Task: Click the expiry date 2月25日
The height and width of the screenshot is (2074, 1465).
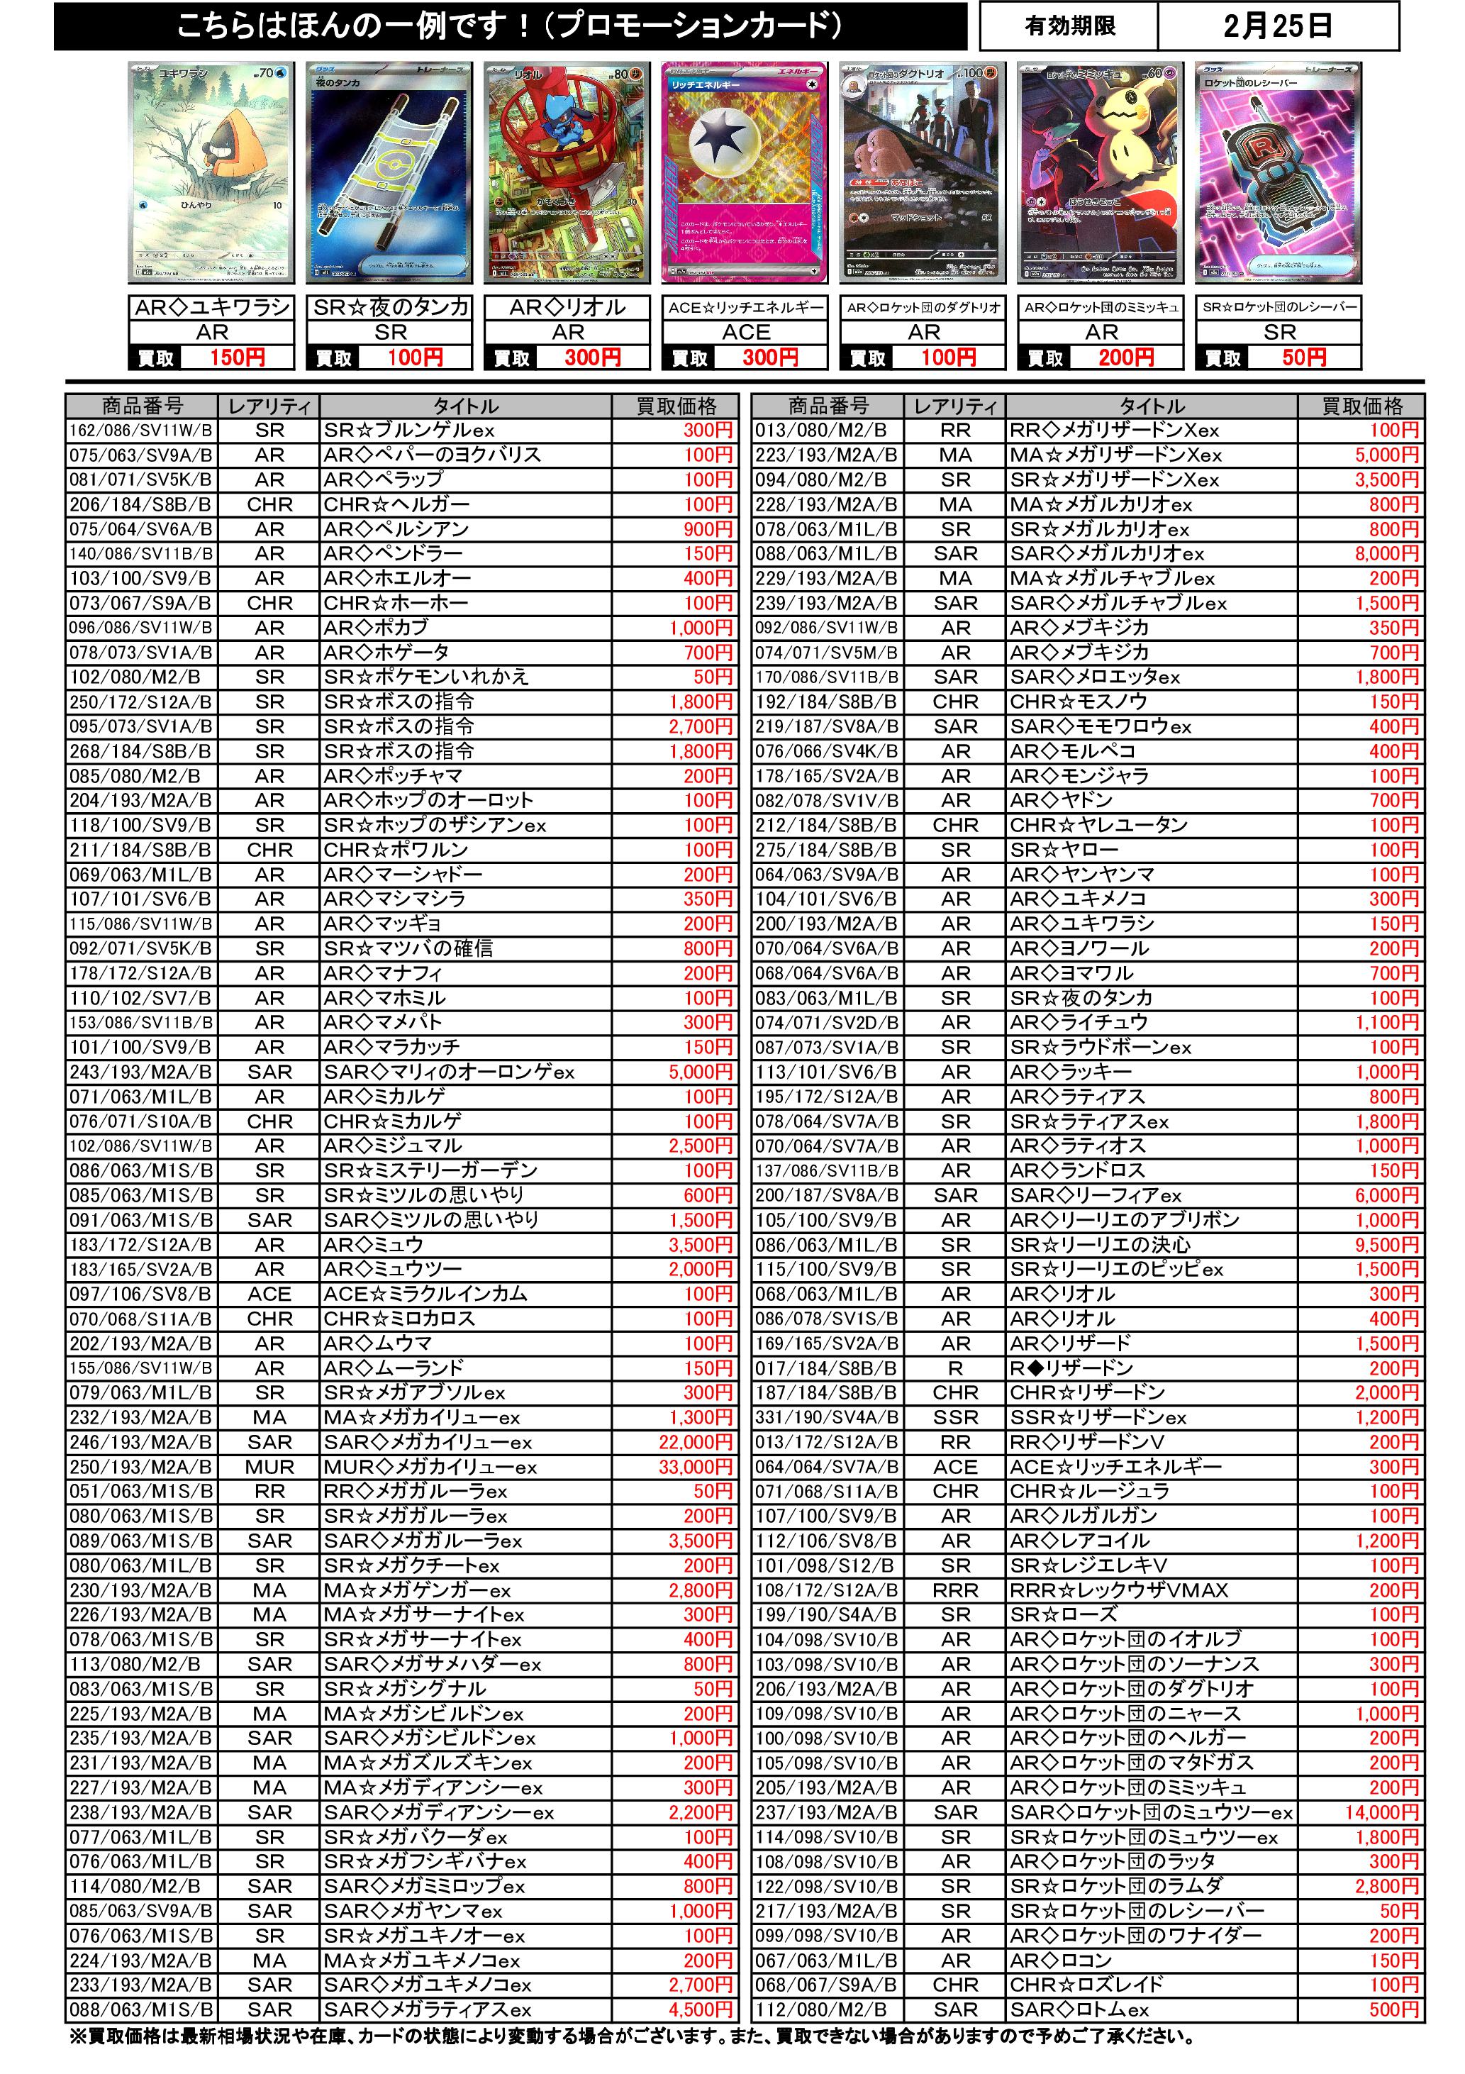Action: [1277, 27]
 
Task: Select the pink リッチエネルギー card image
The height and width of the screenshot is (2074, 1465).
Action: [745, 174]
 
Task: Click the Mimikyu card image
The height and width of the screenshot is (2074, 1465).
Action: [1101, 174]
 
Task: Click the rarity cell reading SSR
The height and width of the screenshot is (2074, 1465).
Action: [956, 1417]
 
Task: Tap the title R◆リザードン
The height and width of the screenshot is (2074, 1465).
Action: [1071, 1368]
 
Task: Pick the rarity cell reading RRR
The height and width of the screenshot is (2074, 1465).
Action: [956, 1591]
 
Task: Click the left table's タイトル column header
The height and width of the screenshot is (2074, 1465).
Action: [465, 406]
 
